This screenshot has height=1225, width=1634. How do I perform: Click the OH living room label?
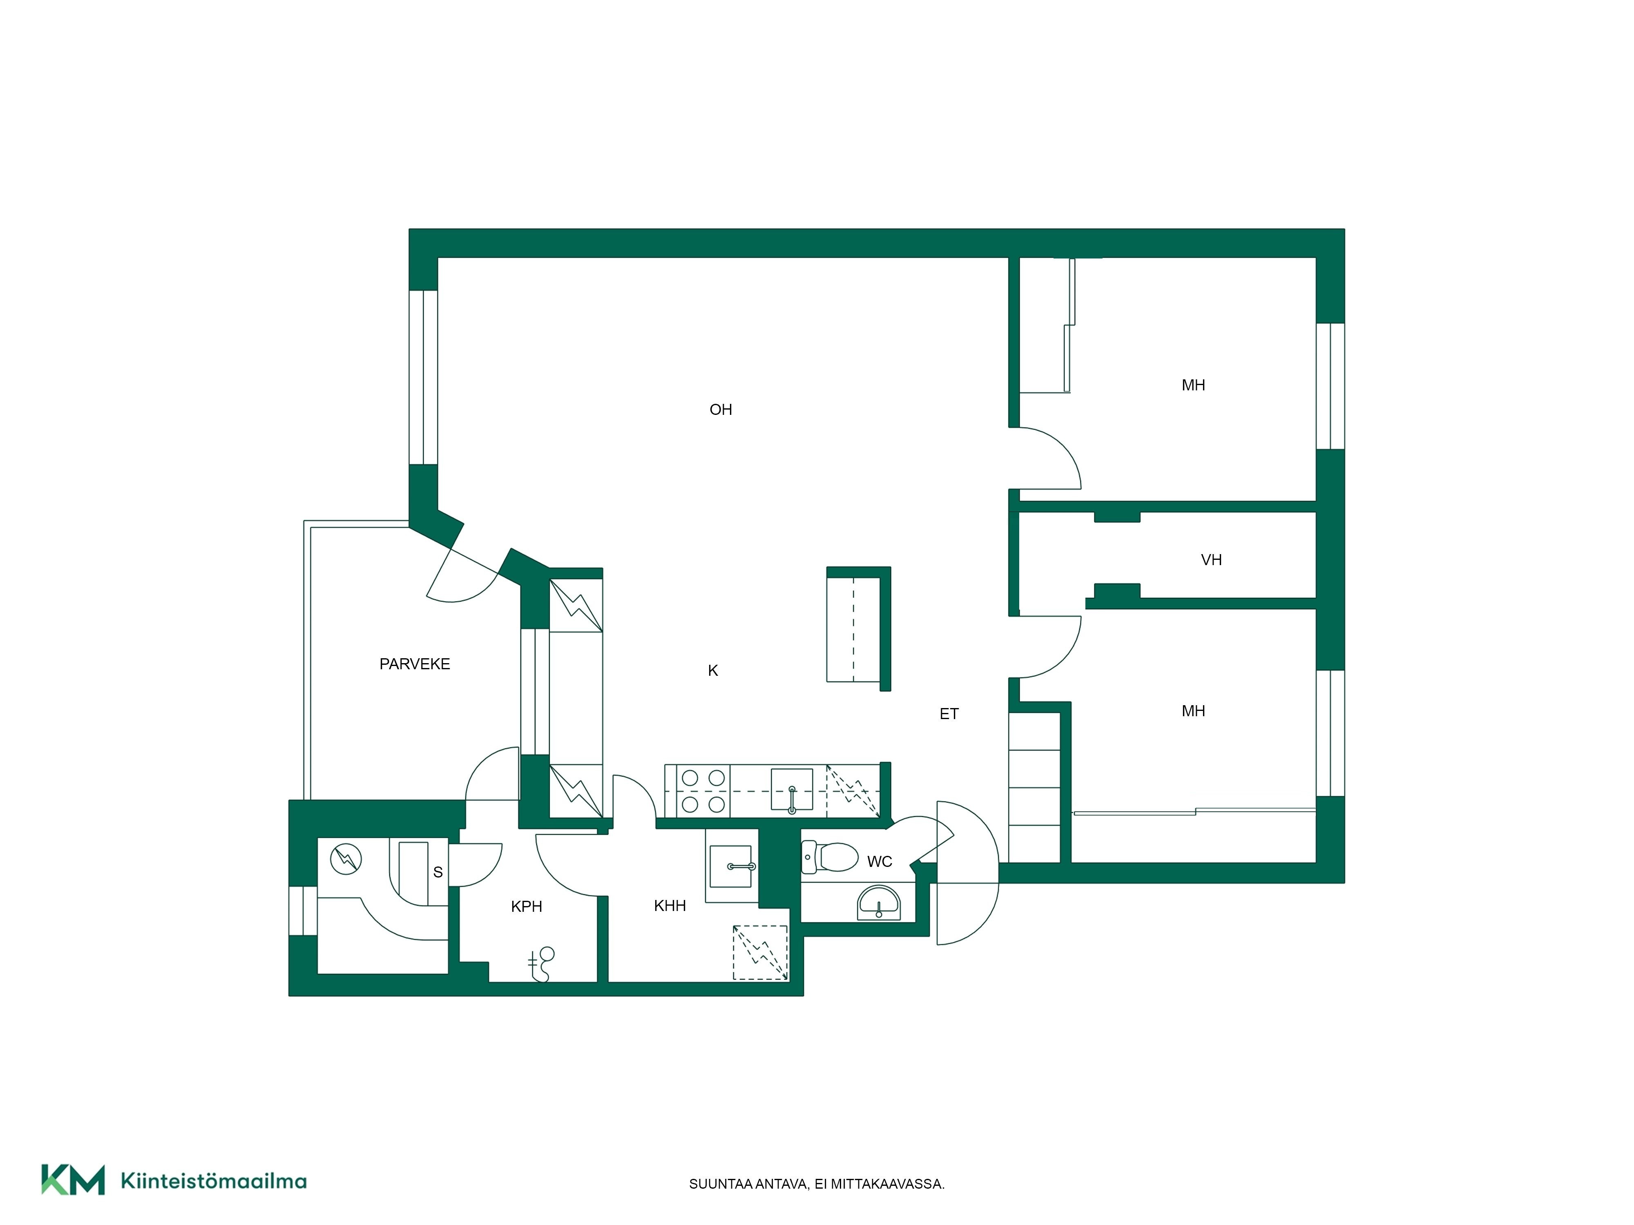click(720, 410)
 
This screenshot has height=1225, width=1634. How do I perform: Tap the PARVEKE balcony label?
click(414, 664)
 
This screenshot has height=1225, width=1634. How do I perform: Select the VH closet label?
click(1211, 560)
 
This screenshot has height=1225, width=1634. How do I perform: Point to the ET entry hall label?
click(949, 714)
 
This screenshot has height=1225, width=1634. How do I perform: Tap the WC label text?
click(879, 862)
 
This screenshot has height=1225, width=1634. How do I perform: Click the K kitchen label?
click(713, 670)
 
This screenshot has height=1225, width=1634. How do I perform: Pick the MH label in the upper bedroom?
click(1193, 385)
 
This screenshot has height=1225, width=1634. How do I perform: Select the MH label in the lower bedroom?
click(1193, 711)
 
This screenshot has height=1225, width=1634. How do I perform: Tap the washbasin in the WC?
click(878, 903)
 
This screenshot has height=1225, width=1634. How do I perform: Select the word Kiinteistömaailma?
click(214, 1181)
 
